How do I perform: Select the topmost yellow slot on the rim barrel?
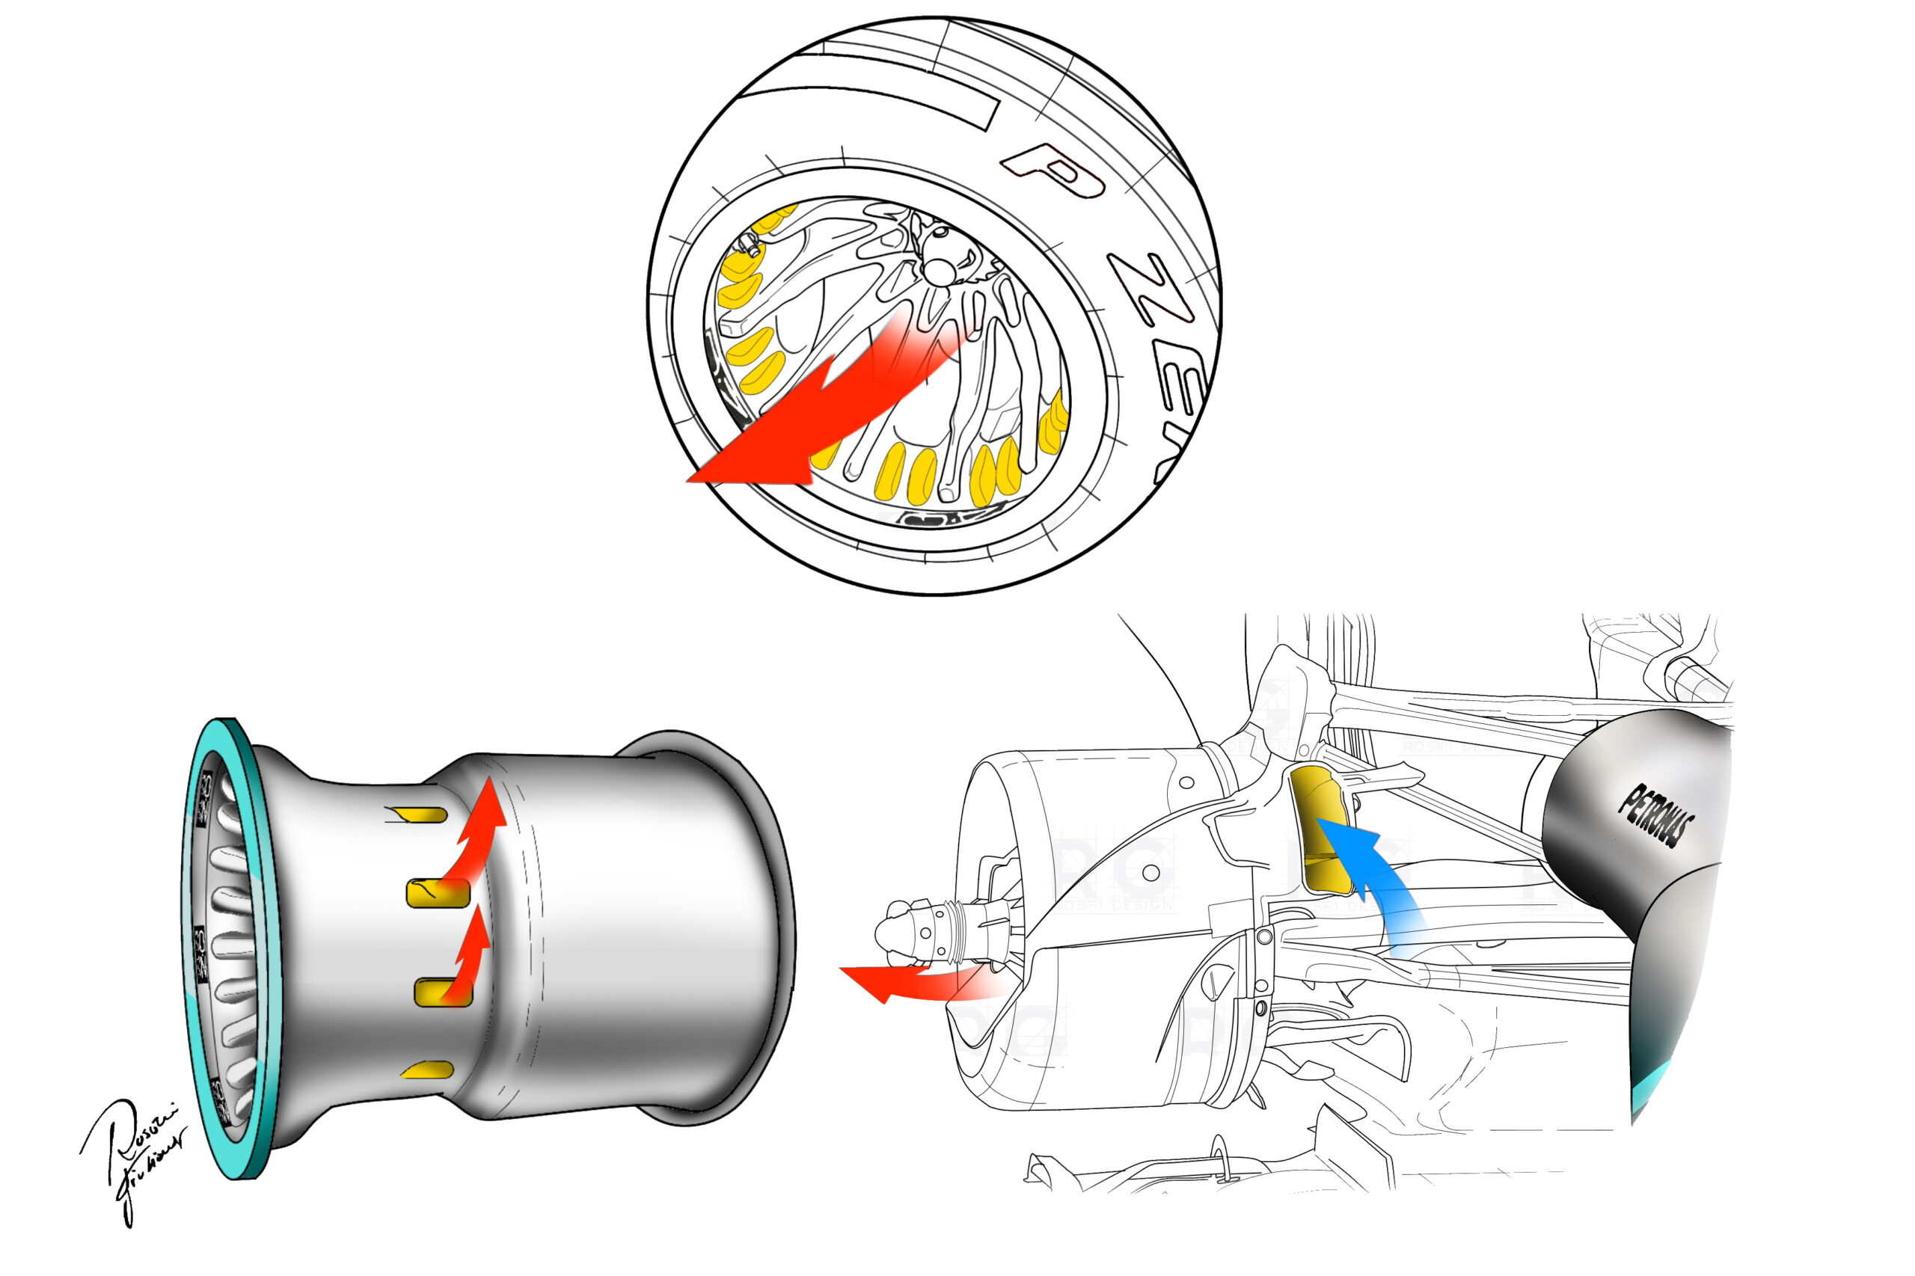[423, 815]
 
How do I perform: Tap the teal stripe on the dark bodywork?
[1652, 1091]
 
